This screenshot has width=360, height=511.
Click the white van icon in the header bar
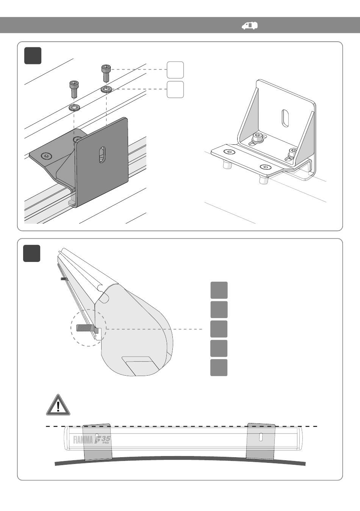click(250, 25)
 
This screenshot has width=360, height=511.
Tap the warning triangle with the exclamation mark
click(58, 405)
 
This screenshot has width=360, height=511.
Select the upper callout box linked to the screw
click(175, 70)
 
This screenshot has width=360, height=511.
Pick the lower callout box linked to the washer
click(175, 89)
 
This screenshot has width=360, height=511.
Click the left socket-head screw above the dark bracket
click(73, 89)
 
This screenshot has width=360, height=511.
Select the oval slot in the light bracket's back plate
click(285, 118)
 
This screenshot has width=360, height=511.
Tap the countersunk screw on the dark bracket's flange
click(46, 155)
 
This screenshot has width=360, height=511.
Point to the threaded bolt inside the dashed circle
click(87, 328)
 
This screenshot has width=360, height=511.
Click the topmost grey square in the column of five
click(219, 290)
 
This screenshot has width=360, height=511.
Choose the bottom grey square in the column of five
click(219, 368)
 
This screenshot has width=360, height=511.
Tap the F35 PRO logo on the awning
click(103, 440)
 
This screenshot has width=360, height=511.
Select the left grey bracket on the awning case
click(97, 442)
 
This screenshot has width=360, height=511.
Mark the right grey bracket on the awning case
click(260, 440)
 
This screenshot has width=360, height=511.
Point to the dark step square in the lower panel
click(31, 254)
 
